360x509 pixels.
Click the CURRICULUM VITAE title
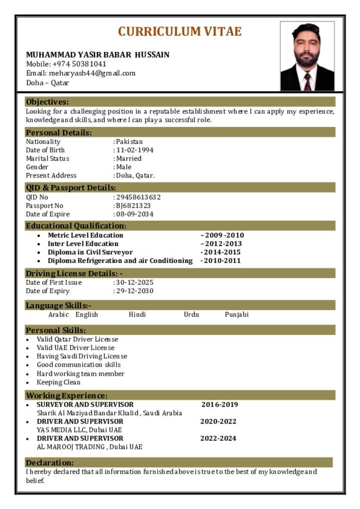click(x=180, y=32)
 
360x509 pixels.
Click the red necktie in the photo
click(x=307, y=81)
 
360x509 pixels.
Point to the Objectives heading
click(x=47, y=102)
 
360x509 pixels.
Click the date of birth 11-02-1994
click(x=135, y=150)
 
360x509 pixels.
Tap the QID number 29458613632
click(x=138, y=197)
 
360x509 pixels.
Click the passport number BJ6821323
click(x=133, y=206)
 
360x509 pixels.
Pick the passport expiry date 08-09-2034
click(x=135, y=214)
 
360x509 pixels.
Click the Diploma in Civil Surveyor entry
click(x=90, y=252)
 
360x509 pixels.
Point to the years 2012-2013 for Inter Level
click(x=222, y=244)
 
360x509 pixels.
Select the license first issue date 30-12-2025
click(x=135, y=282)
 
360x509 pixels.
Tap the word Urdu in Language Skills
click(x=191, y=315)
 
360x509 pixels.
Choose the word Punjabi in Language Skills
click(x=237, y=315)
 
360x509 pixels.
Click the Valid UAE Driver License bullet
click(x=76, y=348)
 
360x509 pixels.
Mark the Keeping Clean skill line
click(x=59, y=382)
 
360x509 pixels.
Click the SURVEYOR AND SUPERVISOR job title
click(x=85, y=405)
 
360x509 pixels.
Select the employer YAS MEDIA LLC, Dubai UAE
click(x=80, y=430)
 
